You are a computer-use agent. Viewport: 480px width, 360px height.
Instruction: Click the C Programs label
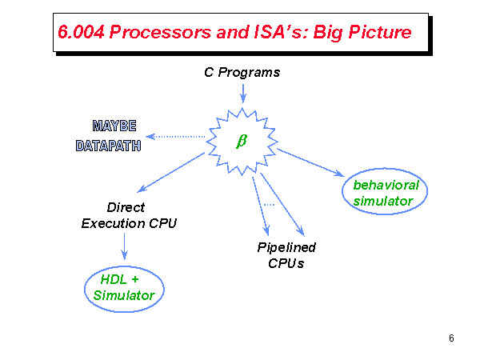coord(242,73)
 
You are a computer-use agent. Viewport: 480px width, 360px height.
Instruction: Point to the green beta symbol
coord(242,141)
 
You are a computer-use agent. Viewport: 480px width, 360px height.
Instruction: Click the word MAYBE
coord(114,126)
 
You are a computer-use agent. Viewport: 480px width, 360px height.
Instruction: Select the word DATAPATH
coord(109,146)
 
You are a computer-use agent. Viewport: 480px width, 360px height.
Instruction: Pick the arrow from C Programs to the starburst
coord(242,92)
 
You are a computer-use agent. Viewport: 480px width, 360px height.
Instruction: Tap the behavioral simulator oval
coord(386,193)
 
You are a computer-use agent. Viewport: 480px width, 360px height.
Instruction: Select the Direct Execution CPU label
coord(129,214)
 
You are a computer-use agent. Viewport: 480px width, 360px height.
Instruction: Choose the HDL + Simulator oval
coord(123,288)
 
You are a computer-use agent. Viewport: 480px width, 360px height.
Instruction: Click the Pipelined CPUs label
coord(286,255)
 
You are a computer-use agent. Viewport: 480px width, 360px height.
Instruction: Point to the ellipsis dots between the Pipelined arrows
coord(269,206)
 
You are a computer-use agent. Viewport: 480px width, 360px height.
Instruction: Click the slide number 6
coord(451,338)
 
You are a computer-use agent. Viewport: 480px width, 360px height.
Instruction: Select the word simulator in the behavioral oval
coord(383,201)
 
